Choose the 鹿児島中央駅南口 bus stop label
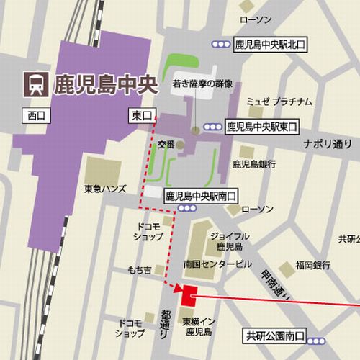201,195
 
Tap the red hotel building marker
189,295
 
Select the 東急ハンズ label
106,189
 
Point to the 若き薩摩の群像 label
202,84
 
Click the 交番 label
166,144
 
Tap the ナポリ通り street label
326,143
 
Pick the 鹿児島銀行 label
254,164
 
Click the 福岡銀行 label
311,264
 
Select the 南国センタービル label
217,264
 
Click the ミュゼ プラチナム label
279,101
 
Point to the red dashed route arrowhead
176,288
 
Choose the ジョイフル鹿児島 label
229,240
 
